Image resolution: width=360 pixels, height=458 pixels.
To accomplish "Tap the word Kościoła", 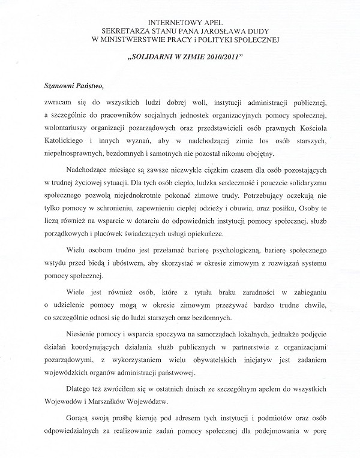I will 306,128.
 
